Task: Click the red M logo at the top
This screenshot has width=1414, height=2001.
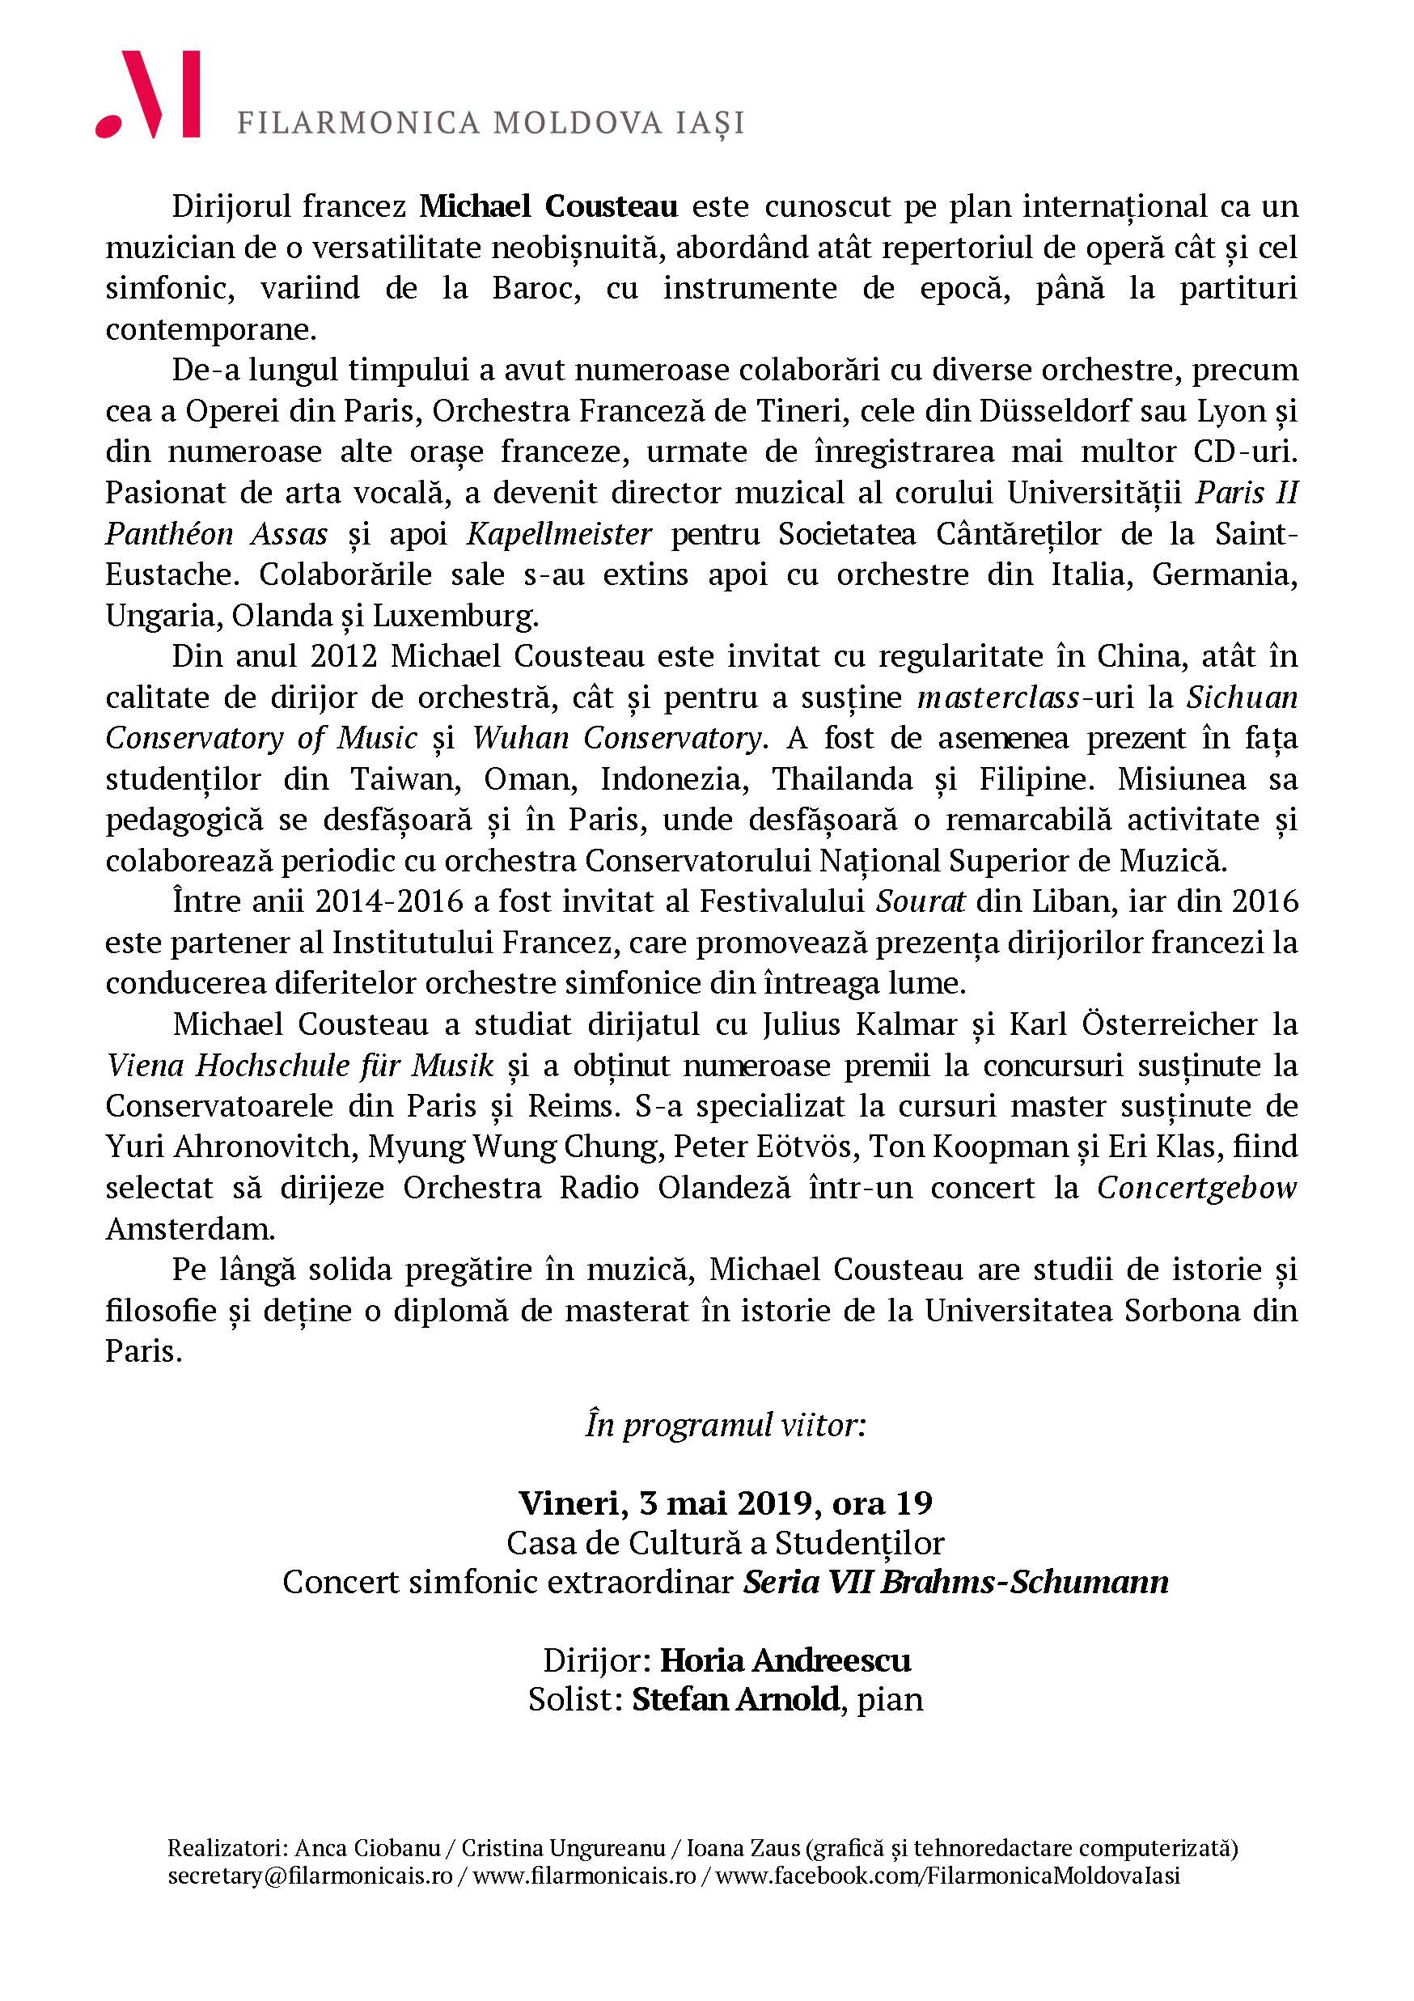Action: (x=149, y=95)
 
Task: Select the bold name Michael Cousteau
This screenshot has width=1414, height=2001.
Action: (x=549, y=207)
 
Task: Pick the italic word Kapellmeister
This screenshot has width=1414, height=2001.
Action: (x=558, y=533)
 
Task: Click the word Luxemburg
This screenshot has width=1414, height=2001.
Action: (x=455, y=615)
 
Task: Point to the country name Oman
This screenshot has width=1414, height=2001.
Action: (x=531, y=779)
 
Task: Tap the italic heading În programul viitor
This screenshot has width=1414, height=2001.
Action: (x=725, y=1426)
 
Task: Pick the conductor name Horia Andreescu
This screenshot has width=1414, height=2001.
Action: (x=785, y=1661)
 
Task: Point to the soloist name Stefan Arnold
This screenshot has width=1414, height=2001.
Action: (x=736, y=1699)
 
